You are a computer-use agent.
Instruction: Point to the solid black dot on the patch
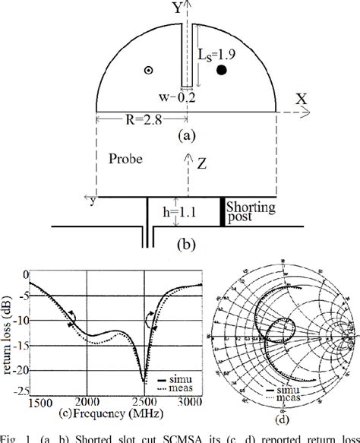(222, 71)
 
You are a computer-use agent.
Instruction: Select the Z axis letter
(199, 163)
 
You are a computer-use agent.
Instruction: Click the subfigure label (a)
(185, 138)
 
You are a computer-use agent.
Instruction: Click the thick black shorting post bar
(223, 213)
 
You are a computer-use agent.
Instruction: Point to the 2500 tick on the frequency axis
(144, 400)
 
